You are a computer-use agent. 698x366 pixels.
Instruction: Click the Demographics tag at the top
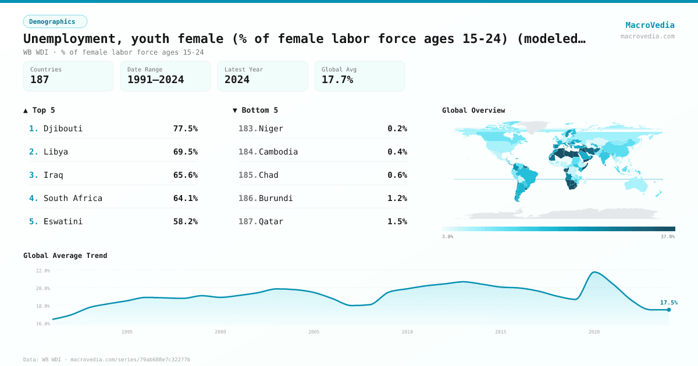(x=55, y=21)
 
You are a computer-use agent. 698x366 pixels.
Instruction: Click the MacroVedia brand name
(x=650, y=25)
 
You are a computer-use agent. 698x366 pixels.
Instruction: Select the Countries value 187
(x=40, y=80)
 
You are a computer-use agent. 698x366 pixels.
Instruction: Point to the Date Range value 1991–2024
(x=155, y=80)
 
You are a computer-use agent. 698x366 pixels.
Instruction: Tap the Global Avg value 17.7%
(x=337, y=80)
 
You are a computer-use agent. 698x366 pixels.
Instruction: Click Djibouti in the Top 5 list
(x=63, y=128)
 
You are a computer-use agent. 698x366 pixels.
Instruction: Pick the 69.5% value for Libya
(x=185, y=152)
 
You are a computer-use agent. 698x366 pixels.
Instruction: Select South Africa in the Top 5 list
(x=73, y=198)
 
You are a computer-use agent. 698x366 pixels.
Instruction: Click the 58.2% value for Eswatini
(x=185, y=221)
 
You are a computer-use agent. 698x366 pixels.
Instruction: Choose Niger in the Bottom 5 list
(x=271, y=128)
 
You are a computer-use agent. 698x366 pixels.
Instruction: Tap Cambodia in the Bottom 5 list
(x=278, y=152)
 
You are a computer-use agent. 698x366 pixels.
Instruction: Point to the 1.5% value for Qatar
(x=397, y=221)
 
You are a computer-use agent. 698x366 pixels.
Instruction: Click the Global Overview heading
(x=473, y=110)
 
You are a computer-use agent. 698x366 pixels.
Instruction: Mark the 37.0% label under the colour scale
(x=667, y=236)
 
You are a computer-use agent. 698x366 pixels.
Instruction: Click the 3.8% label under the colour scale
(x=447, y=236)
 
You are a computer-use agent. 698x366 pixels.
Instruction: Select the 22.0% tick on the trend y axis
(x=42, y=271)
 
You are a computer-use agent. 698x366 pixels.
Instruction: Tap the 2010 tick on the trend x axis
(x=407, y=332)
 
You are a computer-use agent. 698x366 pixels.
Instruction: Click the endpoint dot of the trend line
(x=669, y=310)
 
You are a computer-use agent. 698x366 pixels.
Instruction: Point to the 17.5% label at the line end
(x=668, y=302)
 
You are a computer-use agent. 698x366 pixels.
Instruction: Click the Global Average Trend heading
(x=65, y=256)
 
